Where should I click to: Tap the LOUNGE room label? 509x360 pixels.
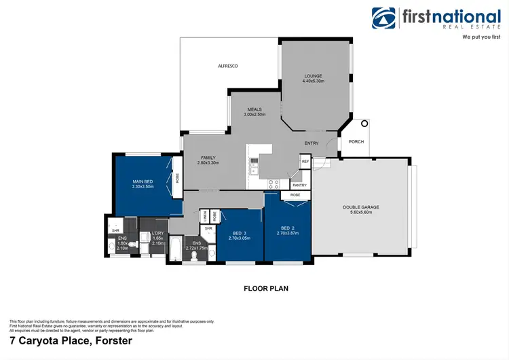tap(313, 76)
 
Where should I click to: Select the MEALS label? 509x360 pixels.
tap(254, 109)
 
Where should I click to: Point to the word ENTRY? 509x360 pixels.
tap(312, 143)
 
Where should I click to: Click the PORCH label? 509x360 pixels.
tap(356, 142)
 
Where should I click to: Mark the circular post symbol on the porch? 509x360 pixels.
tap(364, 124)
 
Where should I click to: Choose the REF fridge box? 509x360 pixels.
tap(305, 162)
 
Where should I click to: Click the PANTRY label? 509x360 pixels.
tap(299, 185)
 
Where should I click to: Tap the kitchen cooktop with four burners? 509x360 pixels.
tap(274, 183)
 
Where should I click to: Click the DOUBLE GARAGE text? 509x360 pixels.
tap(361, 206)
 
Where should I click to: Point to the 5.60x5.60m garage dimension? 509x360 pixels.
tap(361, 212)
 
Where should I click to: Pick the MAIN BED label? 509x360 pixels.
tap(143, 181)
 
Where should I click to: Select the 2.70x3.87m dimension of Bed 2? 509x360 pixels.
tap(288, 233)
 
